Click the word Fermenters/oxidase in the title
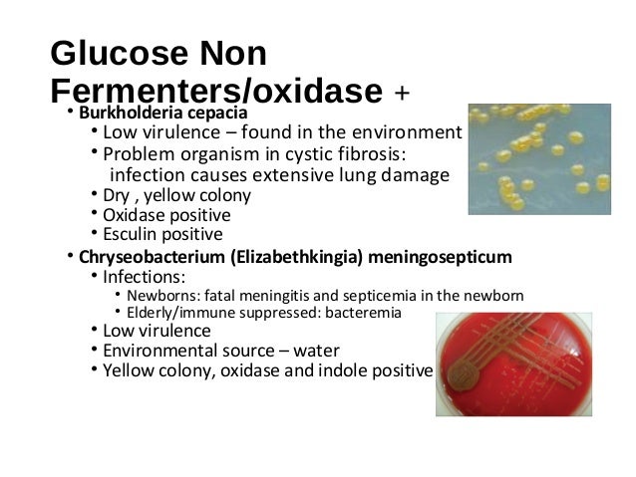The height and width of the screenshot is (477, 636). pos(215,91)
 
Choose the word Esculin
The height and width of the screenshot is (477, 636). pos(130,235)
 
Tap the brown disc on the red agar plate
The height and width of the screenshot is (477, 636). pos(465,375)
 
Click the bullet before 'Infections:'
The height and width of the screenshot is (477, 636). pos(93,276)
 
